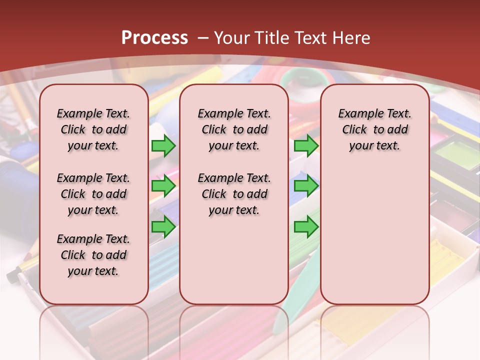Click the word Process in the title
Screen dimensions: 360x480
(x=154, y=37)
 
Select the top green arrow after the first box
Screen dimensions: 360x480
(x=163, y=145)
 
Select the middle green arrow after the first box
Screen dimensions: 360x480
(x=163, y=186)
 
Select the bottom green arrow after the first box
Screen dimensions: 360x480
(x=163, y=226)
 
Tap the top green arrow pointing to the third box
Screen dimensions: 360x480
(x=306, y=145)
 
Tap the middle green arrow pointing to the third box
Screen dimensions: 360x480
(x=306, y=186)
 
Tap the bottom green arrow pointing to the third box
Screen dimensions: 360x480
(x=306, y=226)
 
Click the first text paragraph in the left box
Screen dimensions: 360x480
(x=93, y=129)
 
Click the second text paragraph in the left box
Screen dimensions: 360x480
(x=93, y=194)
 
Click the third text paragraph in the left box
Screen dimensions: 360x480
(x=93, y=255)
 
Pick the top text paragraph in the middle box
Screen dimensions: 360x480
(x=234, y=129)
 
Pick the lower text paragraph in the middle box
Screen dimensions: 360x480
(x=234, y=194)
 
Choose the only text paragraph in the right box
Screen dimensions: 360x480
(x=374, y=129)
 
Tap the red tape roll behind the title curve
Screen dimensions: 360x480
(x=302, y=90)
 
